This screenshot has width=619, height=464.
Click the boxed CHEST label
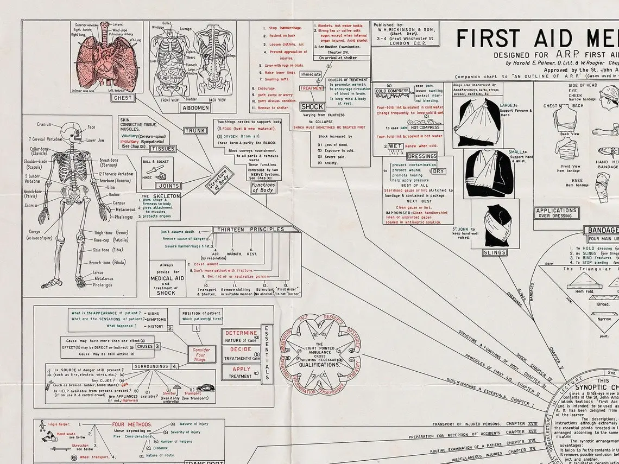pos(122,98)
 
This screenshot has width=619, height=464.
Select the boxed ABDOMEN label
pos(195,107)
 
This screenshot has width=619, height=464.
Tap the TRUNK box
pos(195,131)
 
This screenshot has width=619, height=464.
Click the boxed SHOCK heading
pos(313,107)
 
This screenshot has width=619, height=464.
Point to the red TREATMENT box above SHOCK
pos(312,88)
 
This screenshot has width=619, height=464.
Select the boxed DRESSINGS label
pos(422,156)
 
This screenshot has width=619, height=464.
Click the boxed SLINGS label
pos(494,252)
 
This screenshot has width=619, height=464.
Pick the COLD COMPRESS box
pos(392,91)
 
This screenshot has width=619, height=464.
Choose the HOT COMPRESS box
pos(425,128)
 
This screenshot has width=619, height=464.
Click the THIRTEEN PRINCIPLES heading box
pos(251,230)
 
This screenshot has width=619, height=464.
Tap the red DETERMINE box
pos(242,333)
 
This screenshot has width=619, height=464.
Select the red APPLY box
pos(241,369)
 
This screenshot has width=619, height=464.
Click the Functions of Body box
pos(263,188)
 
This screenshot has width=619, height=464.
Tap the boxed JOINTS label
pos(168,186)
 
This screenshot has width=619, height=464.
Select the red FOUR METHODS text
pos(132,424)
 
